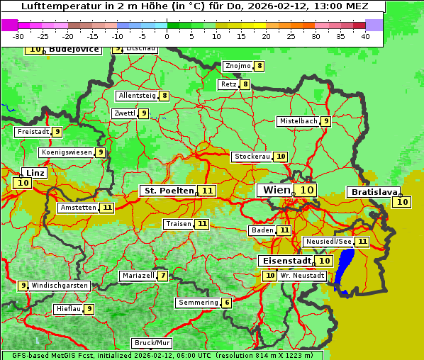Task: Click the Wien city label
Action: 276,190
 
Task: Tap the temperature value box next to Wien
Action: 306,190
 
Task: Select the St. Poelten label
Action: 168,191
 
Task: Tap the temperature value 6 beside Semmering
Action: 227,303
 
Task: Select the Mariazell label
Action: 138,275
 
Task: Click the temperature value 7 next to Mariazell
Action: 164,275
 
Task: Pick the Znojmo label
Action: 238,66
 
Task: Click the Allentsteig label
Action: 137,96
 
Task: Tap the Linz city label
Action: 35,173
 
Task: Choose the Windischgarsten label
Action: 59,285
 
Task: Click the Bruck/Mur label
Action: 152,342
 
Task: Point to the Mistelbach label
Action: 298,121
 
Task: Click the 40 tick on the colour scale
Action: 365,35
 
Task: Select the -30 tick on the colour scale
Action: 19,35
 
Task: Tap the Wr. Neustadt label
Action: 301,275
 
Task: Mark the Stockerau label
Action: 252,157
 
